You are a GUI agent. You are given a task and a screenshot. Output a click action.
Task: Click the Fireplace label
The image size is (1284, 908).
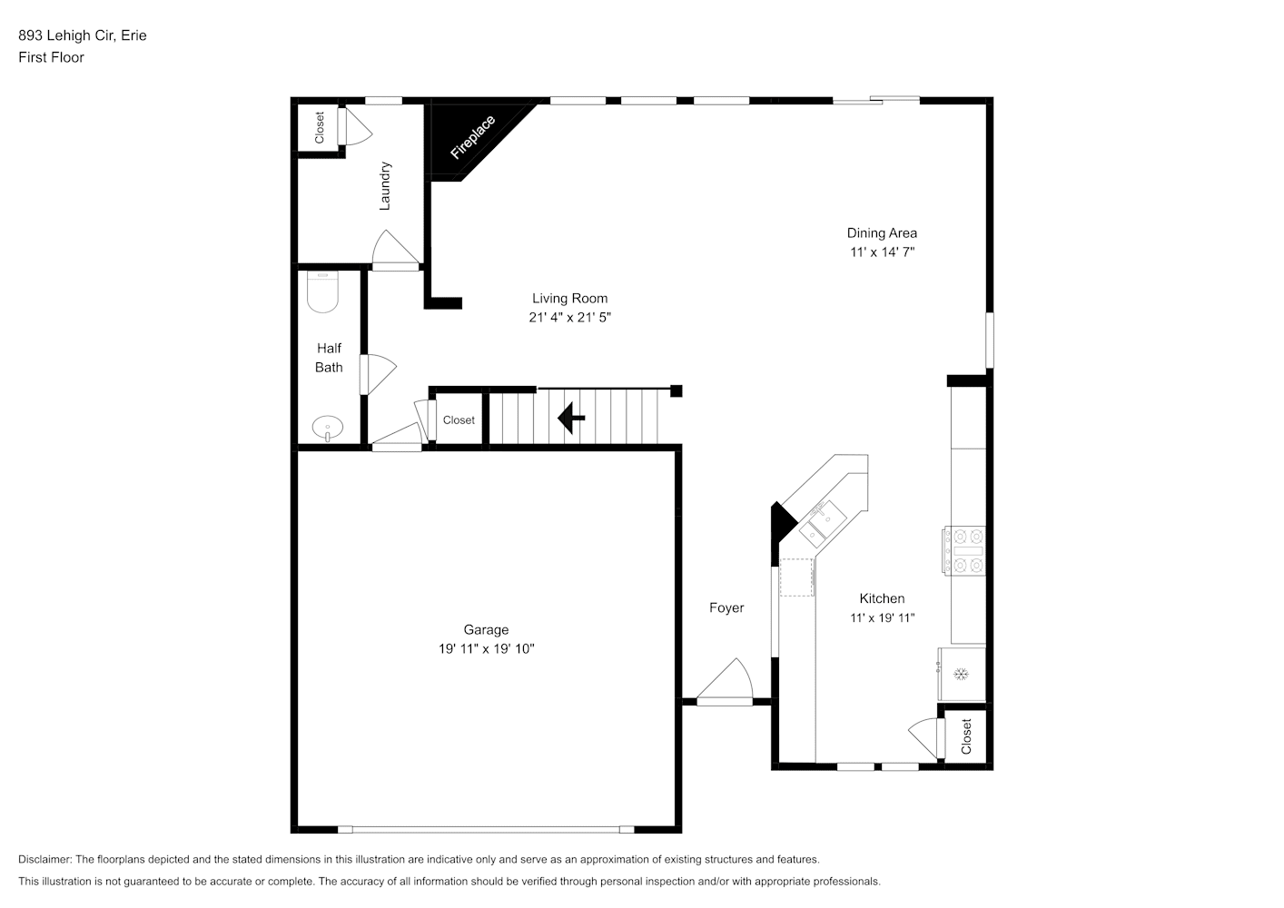(x=473, y=138)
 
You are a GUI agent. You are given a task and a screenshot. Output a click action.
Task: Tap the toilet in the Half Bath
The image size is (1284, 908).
(x=322, y=291)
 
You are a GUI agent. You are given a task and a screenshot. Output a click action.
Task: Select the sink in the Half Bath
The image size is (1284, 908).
(x=328, y=429)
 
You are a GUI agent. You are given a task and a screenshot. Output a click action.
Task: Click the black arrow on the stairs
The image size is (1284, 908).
(x=571, y=418)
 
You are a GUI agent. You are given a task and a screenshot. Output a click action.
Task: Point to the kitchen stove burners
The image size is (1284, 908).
(x=964, y=551)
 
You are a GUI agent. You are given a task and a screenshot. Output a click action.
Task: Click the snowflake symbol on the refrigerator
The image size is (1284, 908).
(x=961, y=674)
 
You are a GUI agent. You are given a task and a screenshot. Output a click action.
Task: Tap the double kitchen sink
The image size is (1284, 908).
(x=823, y=523)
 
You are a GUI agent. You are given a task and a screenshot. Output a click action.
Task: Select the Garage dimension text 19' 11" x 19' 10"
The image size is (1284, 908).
(x=487, y=649)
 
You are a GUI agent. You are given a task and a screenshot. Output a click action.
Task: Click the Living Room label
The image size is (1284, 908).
(x=569, y=298)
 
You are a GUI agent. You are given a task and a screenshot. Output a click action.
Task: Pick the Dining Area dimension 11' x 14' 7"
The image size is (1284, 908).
(x=882, y=252)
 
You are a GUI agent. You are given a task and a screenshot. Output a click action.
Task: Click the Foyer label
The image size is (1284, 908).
(x=726, y=607)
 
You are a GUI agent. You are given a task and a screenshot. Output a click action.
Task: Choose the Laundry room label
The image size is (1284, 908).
(x=385, y=186)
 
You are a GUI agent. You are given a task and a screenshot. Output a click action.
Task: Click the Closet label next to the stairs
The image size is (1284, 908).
(x=459, y=420)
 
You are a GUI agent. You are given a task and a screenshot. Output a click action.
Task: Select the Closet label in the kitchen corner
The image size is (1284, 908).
(x=966, y=736)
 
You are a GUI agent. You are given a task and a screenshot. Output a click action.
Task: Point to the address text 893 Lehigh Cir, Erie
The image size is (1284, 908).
(x=83, y=35)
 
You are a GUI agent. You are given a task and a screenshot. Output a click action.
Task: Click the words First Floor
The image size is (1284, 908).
(x=51, y=57)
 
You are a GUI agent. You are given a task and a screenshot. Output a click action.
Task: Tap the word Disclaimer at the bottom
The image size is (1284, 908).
(x=45, y=859)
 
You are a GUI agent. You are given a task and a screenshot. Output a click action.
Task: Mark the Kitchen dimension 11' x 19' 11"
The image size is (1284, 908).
(x=882, y=618)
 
